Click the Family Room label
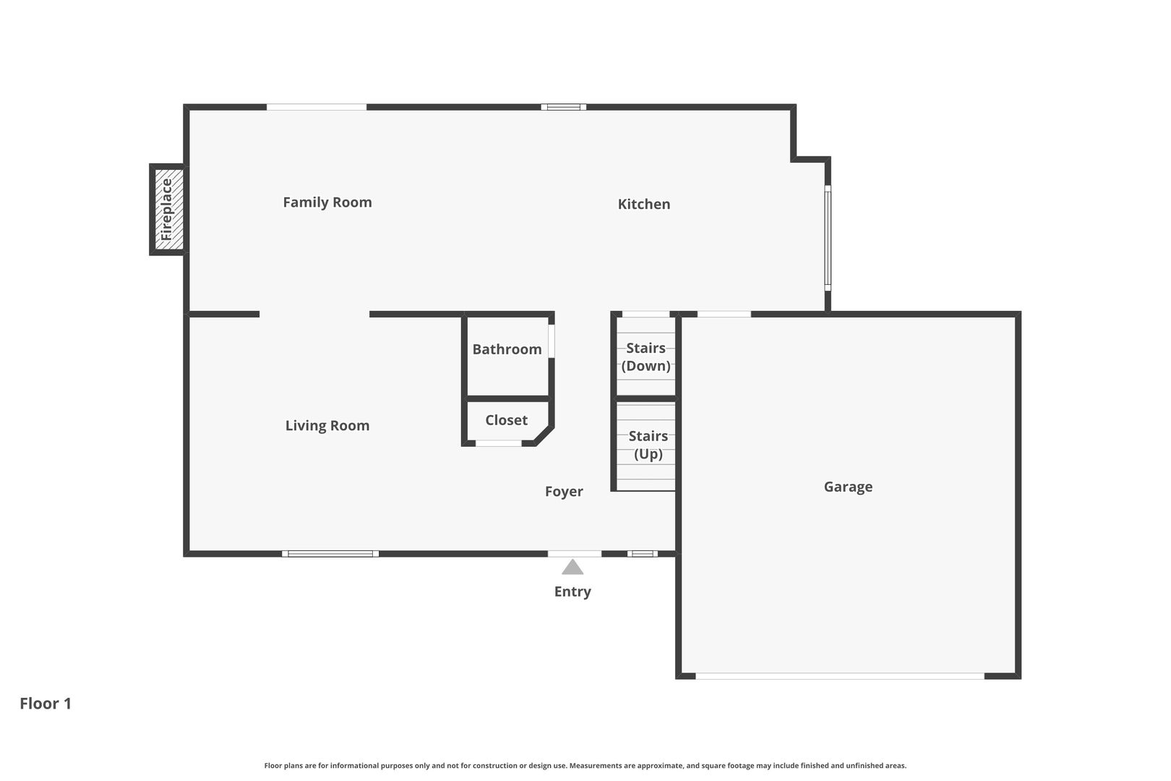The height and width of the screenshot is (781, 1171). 327,202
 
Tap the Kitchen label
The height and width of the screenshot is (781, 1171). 643,205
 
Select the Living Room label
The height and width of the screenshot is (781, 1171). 327,426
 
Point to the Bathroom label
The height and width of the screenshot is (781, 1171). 507,349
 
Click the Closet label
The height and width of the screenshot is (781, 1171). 506,420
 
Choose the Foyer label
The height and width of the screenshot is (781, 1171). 564,492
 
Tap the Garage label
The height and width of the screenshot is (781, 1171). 848,487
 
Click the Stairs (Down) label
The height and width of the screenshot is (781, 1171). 645,357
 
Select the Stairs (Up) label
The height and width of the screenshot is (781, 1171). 648,445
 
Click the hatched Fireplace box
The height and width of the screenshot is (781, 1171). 168,210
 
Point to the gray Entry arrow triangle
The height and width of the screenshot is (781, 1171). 572,567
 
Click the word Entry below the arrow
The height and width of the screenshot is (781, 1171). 572,592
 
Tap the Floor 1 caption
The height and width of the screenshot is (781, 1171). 46,704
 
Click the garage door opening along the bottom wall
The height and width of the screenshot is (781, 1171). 839,676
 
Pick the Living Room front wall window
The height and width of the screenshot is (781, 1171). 330,554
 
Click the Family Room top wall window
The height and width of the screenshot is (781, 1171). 317,108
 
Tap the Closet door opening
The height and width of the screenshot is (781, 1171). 498,443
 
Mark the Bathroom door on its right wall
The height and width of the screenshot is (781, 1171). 552,341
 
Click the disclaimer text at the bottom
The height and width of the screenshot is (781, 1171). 585,766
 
